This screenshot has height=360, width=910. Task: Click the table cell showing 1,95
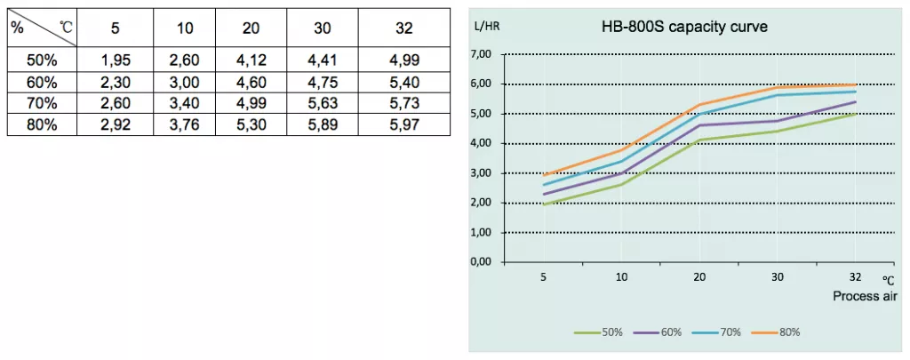click(x=115, y=60)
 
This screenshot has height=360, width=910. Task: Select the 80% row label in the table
click(x=42, y=124)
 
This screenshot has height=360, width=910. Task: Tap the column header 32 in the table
click(x=403, y=28)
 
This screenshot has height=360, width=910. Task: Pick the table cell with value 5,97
click(x=403, y=124)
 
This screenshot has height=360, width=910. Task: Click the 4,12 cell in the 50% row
click(x=251, y=60)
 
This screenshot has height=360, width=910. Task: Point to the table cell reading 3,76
click(x=184, y=124)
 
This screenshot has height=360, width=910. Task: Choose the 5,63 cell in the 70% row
click(x=322, y=103)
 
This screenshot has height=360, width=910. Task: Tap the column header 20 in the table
click(x=251, y=28)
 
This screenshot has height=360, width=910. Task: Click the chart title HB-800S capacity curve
click(x=685, y=28)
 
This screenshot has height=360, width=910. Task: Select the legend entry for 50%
click(x=598, y=332)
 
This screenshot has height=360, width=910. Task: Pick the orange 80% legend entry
click(x=776, y=332)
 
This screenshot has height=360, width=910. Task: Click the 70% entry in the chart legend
click(x=717, y=332)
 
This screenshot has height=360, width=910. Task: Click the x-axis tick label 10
click(x=621, y=277)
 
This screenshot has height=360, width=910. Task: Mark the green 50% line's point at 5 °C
click(x=544, y=204)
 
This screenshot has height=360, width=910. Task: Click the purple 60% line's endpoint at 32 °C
click(x=856, y=101)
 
